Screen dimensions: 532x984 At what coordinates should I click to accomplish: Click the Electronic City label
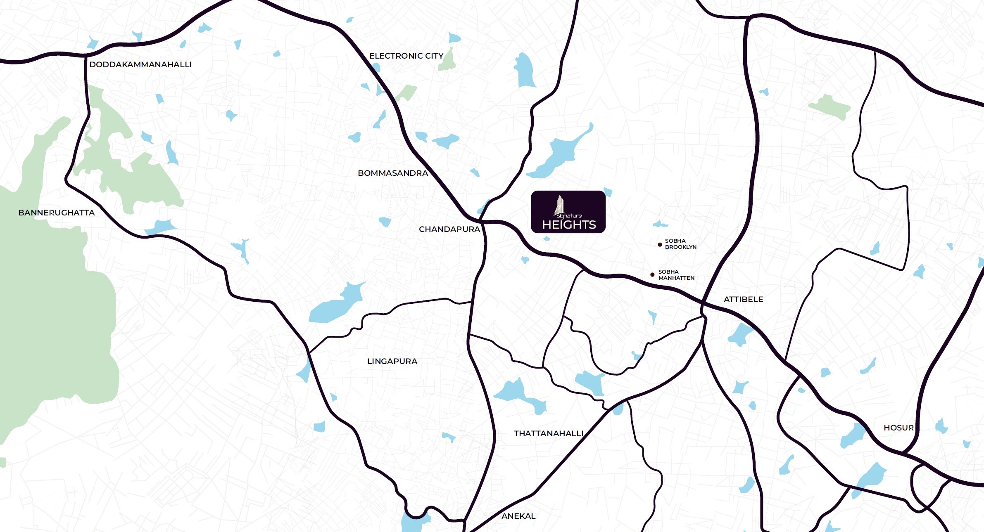point(406,56)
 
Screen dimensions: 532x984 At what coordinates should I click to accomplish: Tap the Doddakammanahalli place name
point(140,64)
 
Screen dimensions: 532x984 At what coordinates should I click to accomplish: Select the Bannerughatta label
point(57,213)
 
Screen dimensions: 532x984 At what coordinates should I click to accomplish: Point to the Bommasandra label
point(393,173)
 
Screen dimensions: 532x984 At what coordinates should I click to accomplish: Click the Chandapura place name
point(449,229)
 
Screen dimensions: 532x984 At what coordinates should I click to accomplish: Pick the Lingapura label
point(392,361)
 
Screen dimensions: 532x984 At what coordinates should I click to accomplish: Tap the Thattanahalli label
point(549,433)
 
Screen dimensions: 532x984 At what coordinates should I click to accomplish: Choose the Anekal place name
point(518,516)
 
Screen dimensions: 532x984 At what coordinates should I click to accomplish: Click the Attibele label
point(743,299)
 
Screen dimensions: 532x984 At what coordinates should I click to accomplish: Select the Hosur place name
point(898,428)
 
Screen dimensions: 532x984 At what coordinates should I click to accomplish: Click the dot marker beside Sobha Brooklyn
point(660,245)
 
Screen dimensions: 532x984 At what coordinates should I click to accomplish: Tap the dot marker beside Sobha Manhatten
point(652,274)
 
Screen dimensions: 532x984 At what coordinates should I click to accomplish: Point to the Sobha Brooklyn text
point(680,244)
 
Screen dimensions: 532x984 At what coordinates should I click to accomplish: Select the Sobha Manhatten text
point(676,275)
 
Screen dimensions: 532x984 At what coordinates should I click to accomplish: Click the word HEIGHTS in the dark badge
point(569,225)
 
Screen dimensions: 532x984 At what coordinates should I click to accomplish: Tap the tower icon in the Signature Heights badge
point(560,205)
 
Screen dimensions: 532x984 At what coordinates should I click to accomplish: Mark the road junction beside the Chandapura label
point(482,221)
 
